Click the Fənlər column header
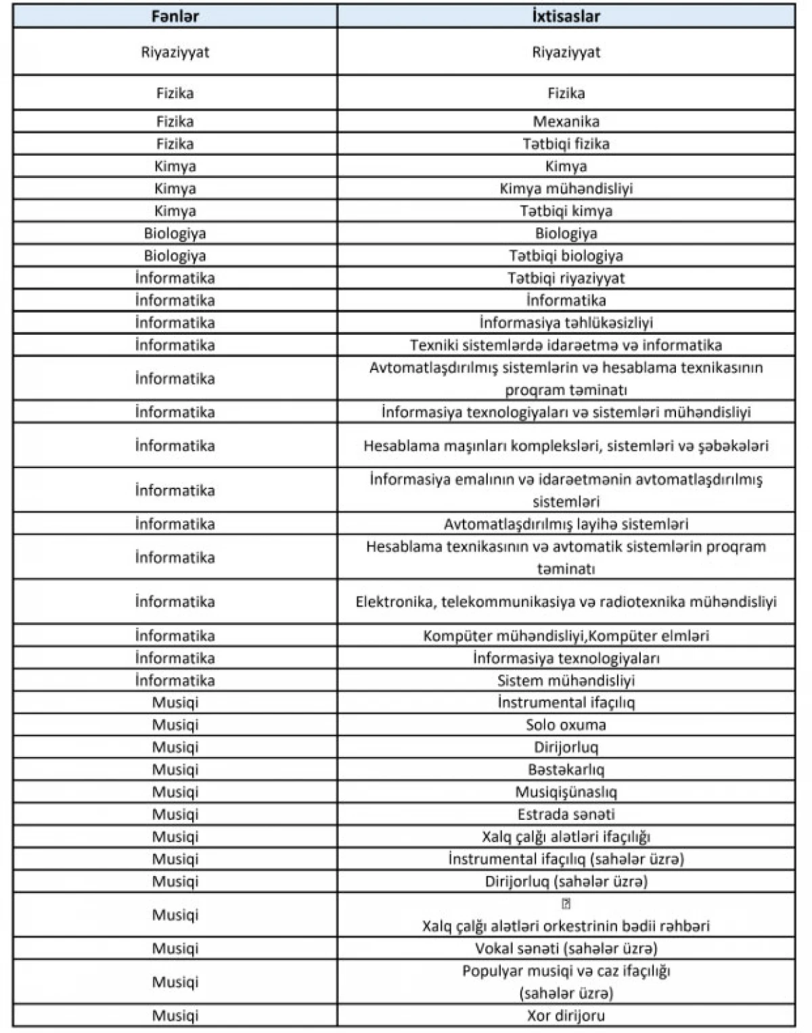175,16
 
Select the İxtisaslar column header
566,16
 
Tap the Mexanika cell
566,122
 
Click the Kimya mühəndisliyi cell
566,189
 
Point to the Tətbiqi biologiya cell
566,256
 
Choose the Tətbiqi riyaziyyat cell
566,278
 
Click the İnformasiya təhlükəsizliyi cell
566,323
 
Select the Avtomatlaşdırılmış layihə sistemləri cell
566,524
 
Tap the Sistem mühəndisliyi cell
566,681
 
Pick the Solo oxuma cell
566,725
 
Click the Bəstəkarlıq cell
566,770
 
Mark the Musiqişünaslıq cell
566,792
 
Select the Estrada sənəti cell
566,814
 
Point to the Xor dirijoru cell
566,1015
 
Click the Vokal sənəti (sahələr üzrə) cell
566,948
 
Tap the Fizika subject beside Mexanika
175,122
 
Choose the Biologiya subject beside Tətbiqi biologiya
175,256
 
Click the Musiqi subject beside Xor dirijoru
175,1015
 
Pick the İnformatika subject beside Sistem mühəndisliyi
175,681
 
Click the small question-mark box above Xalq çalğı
566,904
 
